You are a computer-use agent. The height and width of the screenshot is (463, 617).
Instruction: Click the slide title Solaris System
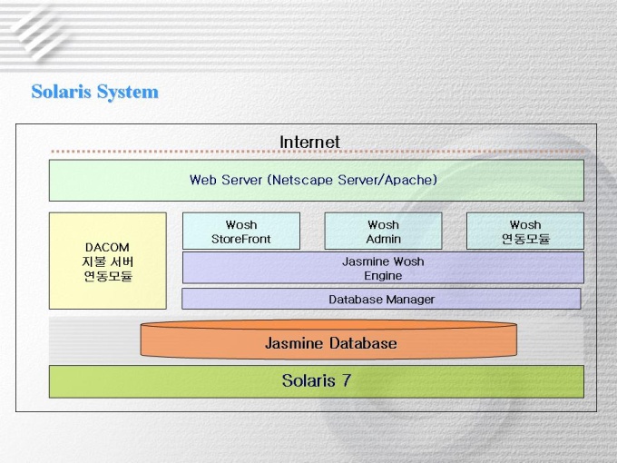[94, 92]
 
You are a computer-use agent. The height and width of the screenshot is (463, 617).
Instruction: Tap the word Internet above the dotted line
[309, 142]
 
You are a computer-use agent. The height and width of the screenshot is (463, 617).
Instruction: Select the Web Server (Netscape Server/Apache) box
[316, 180]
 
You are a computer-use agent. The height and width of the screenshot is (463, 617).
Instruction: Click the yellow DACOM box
[107, 261]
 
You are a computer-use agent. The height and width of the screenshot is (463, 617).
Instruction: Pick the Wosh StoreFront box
[240, 231]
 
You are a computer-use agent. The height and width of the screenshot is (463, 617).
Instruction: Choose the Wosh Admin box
[383, 231]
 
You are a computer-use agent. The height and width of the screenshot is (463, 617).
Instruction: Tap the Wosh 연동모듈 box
[524, 231]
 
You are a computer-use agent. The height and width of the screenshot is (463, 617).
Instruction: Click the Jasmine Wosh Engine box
[383, 268]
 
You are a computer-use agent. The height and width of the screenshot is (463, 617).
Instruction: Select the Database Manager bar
[381, 299]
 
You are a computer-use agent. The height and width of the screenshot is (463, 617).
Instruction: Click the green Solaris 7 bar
[316, 381]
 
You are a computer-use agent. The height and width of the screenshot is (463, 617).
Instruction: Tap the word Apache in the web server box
[411, 180]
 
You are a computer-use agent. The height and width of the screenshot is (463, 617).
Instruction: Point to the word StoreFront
[241, 240]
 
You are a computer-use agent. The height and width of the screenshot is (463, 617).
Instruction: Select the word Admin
[383, 240]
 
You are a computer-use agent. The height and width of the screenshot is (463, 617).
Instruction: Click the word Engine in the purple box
[383, 276]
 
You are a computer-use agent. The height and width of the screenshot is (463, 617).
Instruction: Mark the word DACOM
[107, 247]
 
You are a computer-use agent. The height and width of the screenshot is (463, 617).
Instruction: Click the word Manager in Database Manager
[410, 299]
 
